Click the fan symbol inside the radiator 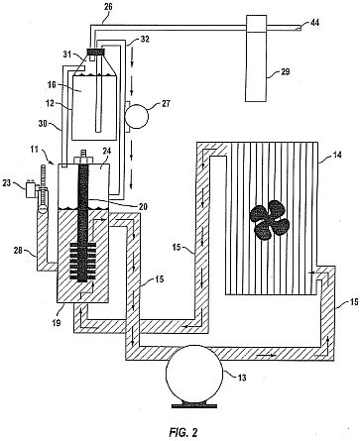269,219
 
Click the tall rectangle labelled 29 256,58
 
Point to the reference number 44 314,23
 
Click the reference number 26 107,6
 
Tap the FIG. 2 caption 183,432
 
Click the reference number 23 7,181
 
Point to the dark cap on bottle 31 95,52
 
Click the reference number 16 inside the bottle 52,85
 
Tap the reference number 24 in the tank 107,151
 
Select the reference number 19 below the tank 57,322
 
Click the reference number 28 18,251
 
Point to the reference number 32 145,40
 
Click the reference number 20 143,207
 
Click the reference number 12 50,103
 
